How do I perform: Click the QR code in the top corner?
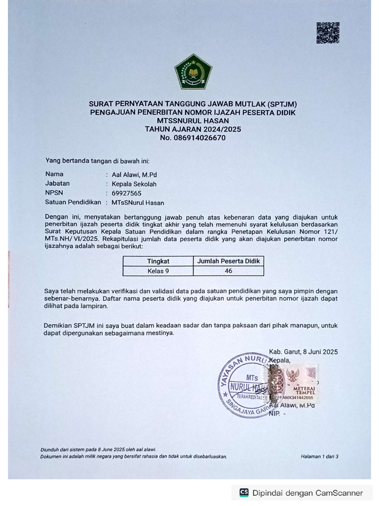click(328, 33)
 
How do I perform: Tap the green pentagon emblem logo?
click(193, 72)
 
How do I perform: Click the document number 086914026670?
click(193, 138)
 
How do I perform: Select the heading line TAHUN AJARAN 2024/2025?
click(193, 129)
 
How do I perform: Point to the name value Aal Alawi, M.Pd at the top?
click(134, 174)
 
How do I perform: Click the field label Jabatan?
click(57, 183)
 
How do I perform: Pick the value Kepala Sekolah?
click(134, 184)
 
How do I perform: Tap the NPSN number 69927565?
click(126, 193)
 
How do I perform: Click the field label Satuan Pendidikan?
click(73, 202)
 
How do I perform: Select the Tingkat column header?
click(158, 261)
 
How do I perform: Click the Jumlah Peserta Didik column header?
click(228, 261)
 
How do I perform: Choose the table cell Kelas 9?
click(158, 271)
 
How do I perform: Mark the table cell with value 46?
click(228, 271)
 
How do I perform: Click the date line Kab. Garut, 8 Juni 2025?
click(303, 352)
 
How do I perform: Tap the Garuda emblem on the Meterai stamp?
click(295, 375)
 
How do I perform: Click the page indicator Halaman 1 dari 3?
click(319, 457)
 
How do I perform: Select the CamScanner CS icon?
click(244, 493)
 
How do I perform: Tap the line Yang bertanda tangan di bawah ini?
click(97, 161)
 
